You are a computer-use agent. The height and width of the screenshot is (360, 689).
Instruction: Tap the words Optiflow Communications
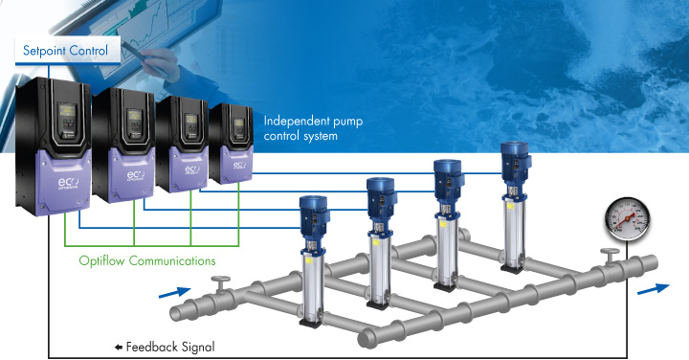145,259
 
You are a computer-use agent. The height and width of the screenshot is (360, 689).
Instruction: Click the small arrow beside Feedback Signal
119,346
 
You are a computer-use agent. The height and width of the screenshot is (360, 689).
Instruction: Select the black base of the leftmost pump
311,324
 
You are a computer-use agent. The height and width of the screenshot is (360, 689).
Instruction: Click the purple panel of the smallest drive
233,159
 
